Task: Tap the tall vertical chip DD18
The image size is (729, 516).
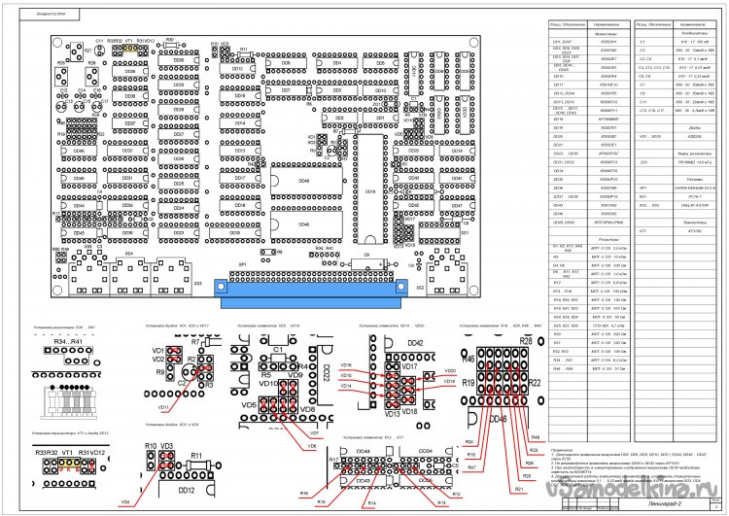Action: [x=368, y=190]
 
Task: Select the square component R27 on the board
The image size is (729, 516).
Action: [x=88, y=51]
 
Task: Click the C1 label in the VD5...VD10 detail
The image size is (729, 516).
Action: [x=276, y=349]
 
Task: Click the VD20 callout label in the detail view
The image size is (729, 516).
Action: [x=450, y=370]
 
